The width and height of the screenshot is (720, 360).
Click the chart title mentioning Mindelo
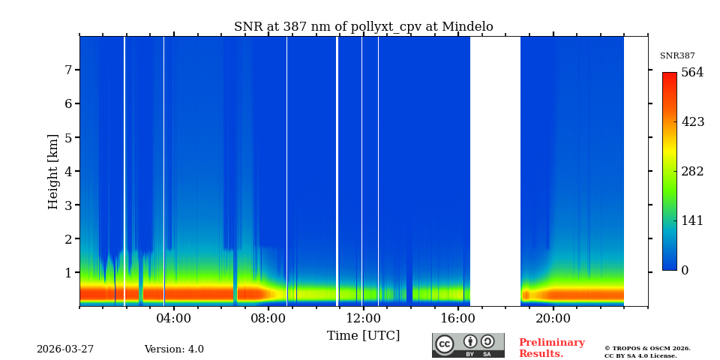tap(363, 27)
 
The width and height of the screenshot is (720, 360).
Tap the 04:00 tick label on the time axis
tap(174, 318)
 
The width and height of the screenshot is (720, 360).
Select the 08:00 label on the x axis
tap(268, 318)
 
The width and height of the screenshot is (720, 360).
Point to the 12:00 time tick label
tap(364, 318)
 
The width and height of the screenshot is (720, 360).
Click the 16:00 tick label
tap(458, 318)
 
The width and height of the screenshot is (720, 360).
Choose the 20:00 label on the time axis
tap(553, 318)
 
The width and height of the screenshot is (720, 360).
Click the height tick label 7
tap(67, 70)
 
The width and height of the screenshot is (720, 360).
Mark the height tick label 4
tap(67, 171)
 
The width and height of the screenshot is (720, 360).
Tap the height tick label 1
tap(67, 272)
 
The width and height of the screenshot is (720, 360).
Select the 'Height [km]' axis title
tap(53, 171)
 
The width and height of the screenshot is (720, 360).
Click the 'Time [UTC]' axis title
tap(363, 335)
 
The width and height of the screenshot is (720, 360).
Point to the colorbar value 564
tap(692, 73)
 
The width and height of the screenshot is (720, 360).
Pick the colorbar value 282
tap(692, 171)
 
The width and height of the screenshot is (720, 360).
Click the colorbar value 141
tap(692, 220)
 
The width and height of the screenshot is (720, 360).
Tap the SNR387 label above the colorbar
tap(677, 56)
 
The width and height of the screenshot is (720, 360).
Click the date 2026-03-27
tap(65, 349)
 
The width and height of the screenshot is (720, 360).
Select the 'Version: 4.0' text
tap(174, 349)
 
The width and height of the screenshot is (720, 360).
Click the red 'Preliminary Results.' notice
tap(551, 348)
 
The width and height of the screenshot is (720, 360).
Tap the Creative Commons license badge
tap(468, 345)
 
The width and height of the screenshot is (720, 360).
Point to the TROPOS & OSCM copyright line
tap(647, 348)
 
